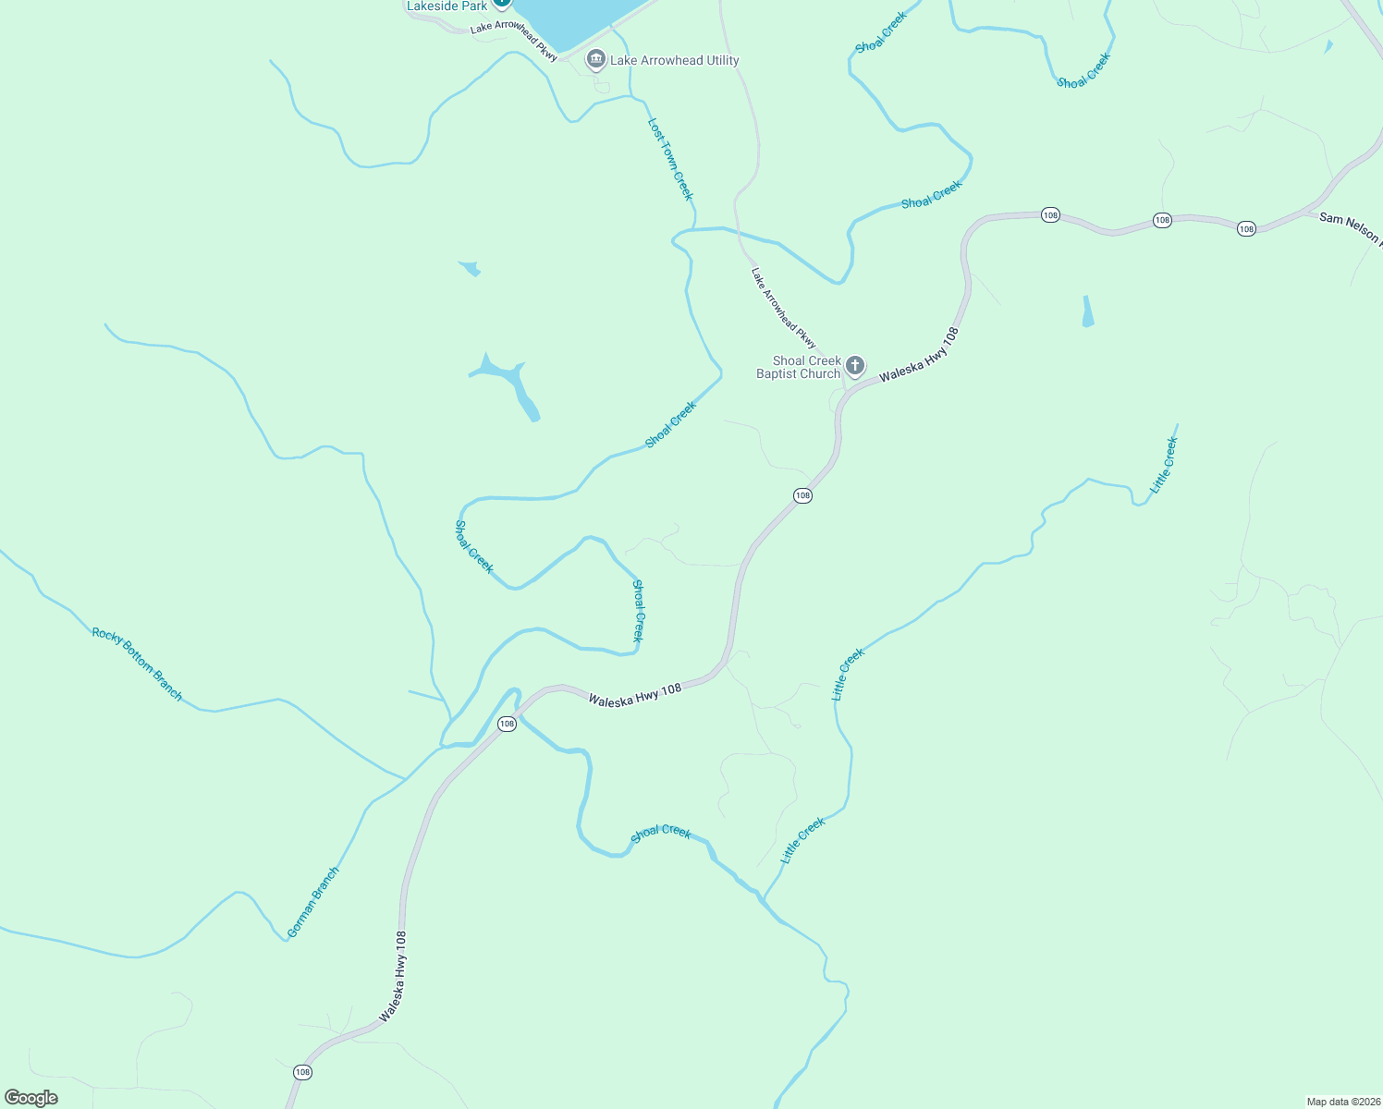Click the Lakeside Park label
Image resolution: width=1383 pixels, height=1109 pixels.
[x=447, y=6]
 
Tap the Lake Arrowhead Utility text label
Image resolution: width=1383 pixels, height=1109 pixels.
[x=674, y=61]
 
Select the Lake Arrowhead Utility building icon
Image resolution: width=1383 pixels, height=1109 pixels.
[x=596, y=61]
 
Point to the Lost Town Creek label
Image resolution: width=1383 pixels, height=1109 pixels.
[x=670, y=158]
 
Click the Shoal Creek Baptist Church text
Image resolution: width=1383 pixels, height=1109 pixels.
[x=799, y=368]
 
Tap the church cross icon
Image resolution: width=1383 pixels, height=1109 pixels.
[x=855, y=366]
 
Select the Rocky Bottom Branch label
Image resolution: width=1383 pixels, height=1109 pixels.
[x=137, y=664]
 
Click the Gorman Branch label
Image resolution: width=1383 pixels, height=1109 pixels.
[x=313, y=902]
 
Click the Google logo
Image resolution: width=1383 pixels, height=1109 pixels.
[x=31, y=1098]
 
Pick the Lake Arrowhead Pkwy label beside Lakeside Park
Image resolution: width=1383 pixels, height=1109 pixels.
[x=513, y=41]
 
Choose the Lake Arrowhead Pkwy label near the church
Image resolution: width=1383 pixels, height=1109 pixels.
[x=783, y=309]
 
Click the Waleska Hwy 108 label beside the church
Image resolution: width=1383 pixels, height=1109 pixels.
[x=919, y=355]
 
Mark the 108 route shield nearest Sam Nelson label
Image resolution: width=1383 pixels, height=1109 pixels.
[x=1246, y=228]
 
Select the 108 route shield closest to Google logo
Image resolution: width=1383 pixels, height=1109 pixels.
[x=302, y=1072]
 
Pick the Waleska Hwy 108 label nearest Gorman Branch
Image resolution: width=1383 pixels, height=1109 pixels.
[x=393, y=976]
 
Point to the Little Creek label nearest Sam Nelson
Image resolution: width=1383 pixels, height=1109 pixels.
[x=1164, y=465]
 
